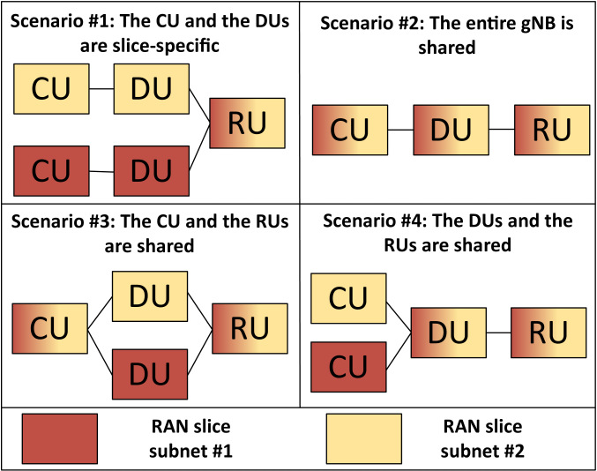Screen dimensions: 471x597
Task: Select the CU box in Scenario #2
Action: pyautogui.click(x=350, y=131)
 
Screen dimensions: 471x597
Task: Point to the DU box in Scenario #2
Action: pyautogui.click(x=451, y=131)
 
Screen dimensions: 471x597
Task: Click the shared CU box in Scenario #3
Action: pyautogui.click(x=49, y=328)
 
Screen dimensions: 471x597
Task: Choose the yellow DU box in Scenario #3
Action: pyautogui.click(x=150, y=297)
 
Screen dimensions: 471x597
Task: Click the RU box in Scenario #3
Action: pyautogui.click(x=250, y=328)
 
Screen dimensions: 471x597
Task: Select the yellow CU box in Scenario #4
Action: pyautogui.click(x=348, y=298)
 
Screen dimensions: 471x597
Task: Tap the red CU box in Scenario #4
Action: pyautogui.click(x=348, y=365)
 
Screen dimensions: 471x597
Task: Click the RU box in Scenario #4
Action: pyautogui.click(x=549, y=332)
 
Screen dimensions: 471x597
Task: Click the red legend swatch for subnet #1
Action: pyautogui.click(x=59, y=438)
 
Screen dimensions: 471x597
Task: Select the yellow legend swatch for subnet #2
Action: pyautogui.click(x=363, y=438)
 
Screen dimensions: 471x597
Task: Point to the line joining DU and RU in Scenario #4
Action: pyautogui.click(x=500, y=332)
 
